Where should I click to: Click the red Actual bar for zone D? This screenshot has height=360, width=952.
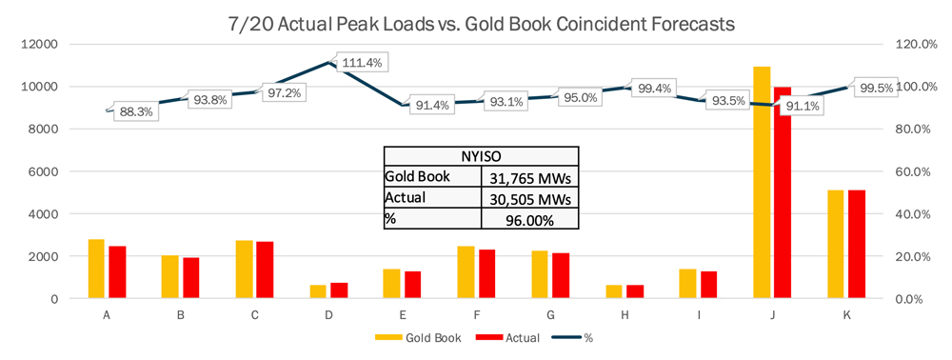pyautogui.click(x=338, y=290)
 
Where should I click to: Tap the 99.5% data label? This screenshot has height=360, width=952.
pyautogui.click(x=874, y=88)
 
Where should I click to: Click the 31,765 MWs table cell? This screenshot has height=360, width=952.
pyautogui.click(x=528, y=177)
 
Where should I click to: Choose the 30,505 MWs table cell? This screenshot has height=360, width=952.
pyautogui.click(x=528, y=198)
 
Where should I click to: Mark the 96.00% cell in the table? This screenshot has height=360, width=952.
pyautogui.click(x=528, y=219)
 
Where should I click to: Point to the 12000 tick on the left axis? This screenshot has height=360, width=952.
pyautogui.click(x=41, y=45)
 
